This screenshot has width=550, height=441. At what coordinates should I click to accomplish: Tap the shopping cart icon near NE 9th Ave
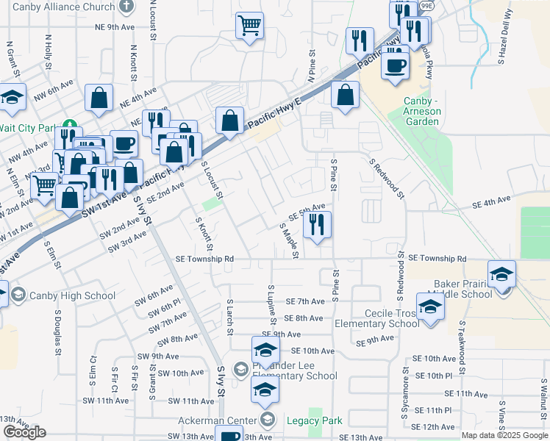pos(250,26)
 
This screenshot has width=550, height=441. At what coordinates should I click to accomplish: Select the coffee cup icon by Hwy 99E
pos(395,65)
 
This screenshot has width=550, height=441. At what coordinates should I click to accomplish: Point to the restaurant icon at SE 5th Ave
pos(317,225)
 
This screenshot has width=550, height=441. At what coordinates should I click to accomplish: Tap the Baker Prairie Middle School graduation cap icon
pos(501,274)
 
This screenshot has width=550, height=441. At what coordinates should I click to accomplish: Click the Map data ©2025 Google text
pos(504,435)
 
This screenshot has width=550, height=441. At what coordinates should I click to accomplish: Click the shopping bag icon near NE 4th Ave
pos(98,98)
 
